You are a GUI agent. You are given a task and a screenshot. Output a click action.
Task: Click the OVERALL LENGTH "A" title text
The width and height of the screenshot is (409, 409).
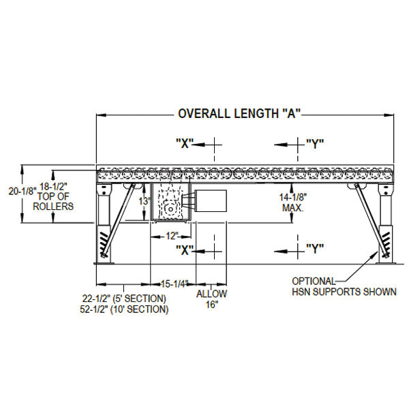(x=239, y=114)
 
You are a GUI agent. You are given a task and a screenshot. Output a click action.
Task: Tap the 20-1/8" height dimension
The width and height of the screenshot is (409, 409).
(x=22, y=191)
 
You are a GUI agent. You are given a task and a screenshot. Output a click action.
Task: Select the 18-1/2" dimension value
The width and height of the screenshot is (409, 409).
(x=53, y=187)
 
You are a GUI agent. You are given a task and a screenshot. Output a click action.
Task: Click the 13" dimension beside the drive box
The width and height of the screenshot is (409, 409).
(x=145, y=201)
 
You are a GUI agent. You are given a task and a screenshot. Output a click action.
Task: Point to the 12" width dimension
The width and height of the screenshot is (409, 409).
(x=172, y=236)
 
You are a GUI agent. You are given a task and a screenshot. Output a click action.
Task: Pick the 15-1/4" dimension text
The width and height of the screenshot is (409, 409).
(x=175, y=284)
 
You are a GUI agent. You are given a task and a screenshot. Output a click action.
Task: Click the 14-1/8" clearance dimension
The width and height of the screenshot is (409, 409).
(x=293, y=197)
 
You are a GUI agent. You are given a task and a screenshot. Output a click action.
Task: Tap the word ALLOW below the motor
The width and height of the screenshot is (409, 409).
(x=211, y=294)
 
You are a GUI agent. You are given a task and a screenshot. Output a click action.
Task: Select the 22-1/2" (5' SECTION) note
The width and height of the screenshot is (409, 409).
(x=124, y=298)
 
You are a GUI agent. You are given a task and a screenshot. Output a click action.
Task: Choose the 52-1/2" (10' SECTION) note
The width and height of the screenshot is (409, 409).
(x=124, y=309)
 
